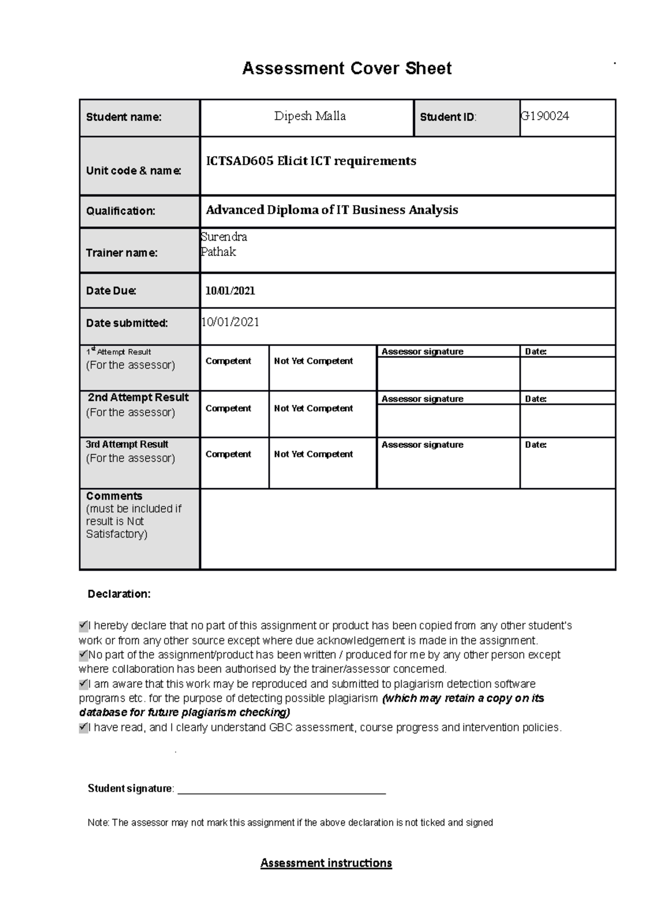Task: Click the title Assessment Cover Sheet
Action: (x=347, y=68)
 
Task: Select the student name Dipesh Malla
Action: (x=310, y=116)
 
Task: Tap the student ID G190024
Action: (x=545, y=115)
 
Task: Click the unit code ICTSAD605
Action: (x=240, y=161)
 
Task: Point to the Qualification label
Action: (x=121, y=211)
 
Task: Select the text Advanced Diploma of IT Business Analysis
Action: (x=331, y=210)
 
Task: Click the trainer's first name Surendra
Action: (x=224, y=237)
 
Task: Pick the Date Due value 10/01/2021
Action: (x=230, y=291)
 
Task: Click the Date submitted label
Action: (x=127, y=323)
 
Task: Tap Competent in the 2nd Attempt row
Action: (x=228, y=408)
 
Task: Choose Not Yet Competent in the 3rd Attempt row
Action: (x=314, y=454)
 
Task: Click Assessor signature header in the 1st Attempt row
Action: (x=422, y=352)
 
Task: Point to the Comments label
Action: (x=114, y=496)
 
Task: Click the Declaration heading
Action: (x=119, y=594)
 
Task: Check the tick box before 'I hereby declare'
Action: (x=83, y=626)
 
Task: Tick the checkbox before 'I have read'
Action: (x=83, y=727)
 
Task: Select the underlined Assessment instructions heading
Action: (x=326, y=863)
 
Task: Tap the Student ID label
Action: (x=447, y=117)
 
